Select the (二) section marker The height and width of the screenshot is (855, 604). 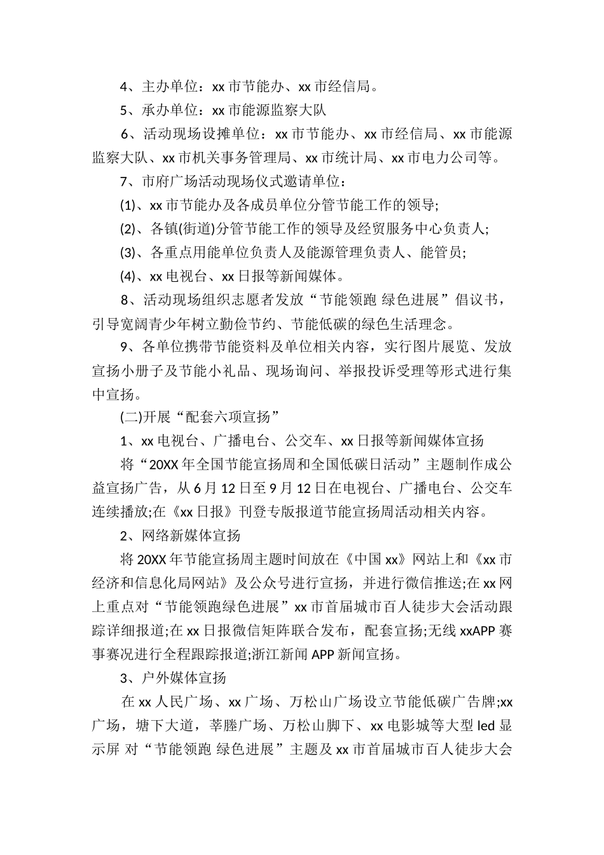pyautogui.click(x=128, y=418)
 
